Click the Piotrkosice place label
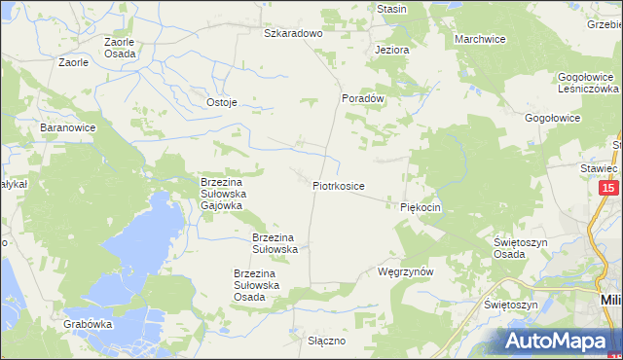point(339,184)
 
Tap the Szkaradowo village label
point(293,33)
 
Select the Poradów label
point(365,98)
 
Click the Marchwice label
point(480,39)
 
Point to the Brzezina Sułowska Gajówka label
point(228,193)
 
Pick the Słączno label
point(327,342)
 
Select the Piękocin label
point(421,207)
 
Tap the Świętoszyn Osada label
point(523,247)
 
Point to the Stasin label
point(391,9)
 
